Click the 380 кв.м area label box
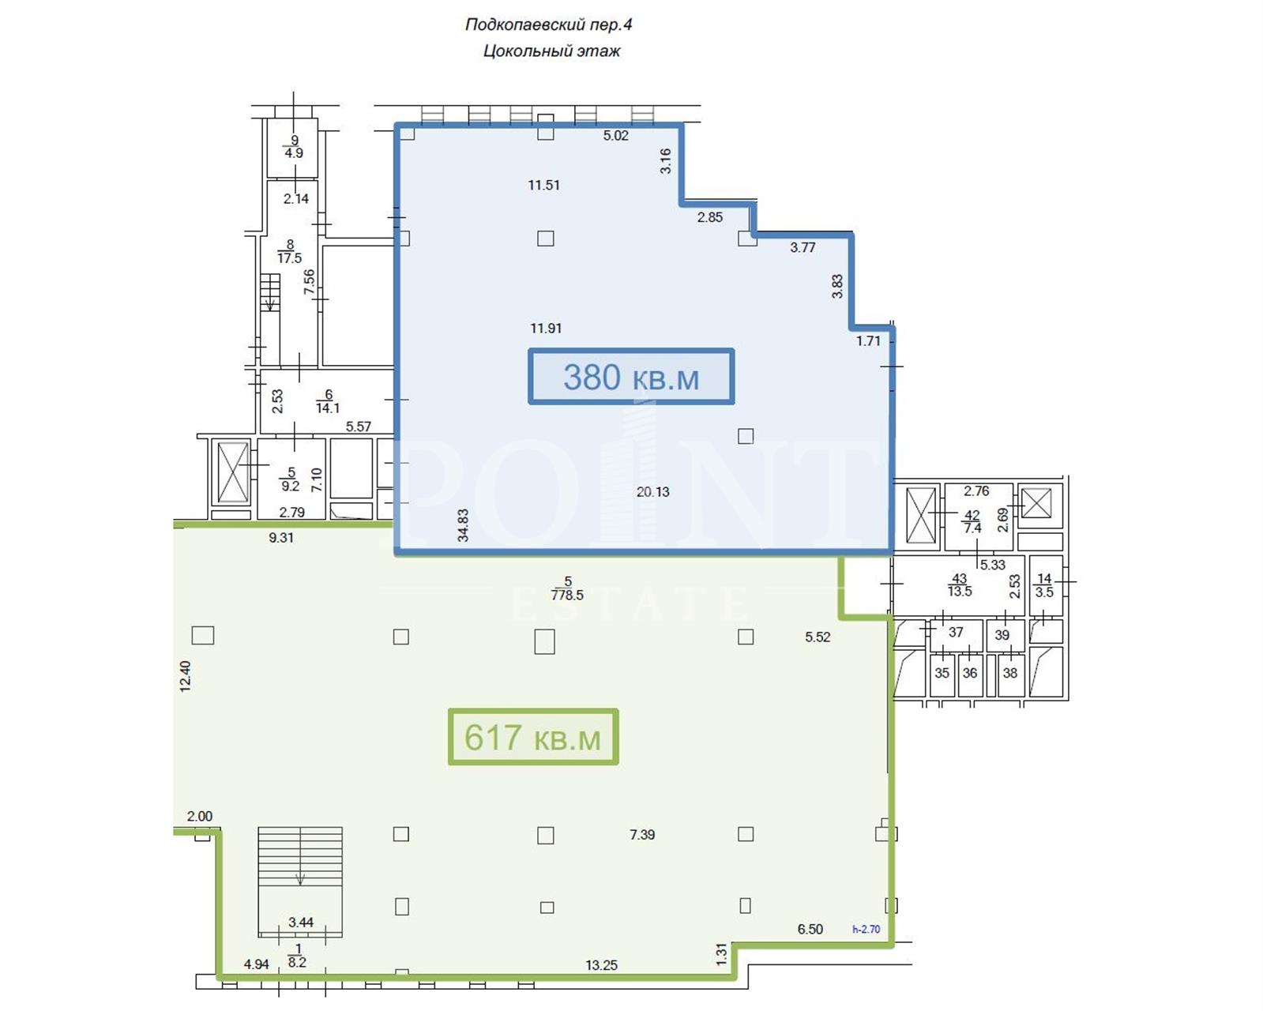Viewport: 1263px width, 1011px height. tap(631, 376)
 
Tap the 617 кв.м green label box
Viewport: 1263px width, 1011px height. tap(533, 737)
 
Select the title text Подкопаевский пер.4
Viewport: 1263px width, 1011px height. tap(549, 24)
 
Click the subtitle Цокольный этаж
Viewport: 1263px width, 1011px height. tap(551, 51)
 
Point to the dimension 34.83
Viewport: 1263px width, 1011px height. tap(463, 525)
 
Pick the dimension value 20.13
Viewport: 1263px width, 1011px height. tap(652, 492)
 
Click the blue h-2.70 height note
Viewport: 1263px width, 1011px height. tap(866, 930)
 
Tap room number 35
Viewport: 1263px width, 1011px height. tap(942, 673)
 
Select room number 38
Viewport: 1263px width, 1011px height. tap(1010, 673)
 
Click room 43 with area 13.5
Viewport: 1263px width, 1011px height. tap(960, 585)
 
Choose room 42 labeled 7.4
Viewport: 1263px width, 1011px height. tap(972, 522)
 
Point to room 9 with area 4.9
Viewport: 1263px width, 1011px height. tap(294, 147)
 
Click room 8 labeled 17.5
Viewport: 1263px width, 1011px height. tap(290, 251)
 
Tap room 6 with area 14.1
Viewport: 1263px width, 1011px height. tap(328, 401)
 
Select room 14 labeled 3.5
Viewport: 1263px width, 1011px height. tap(1044, 585)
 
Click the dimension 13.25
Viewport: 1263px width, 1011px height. tap(602, 964)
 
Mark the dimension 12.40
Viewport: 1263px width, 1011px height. tap(186, 676)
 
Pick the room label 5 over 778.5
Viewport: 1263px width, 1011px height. tap(568, 588)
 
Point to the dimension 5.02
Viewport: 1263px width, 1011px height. tap(615, 136)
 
